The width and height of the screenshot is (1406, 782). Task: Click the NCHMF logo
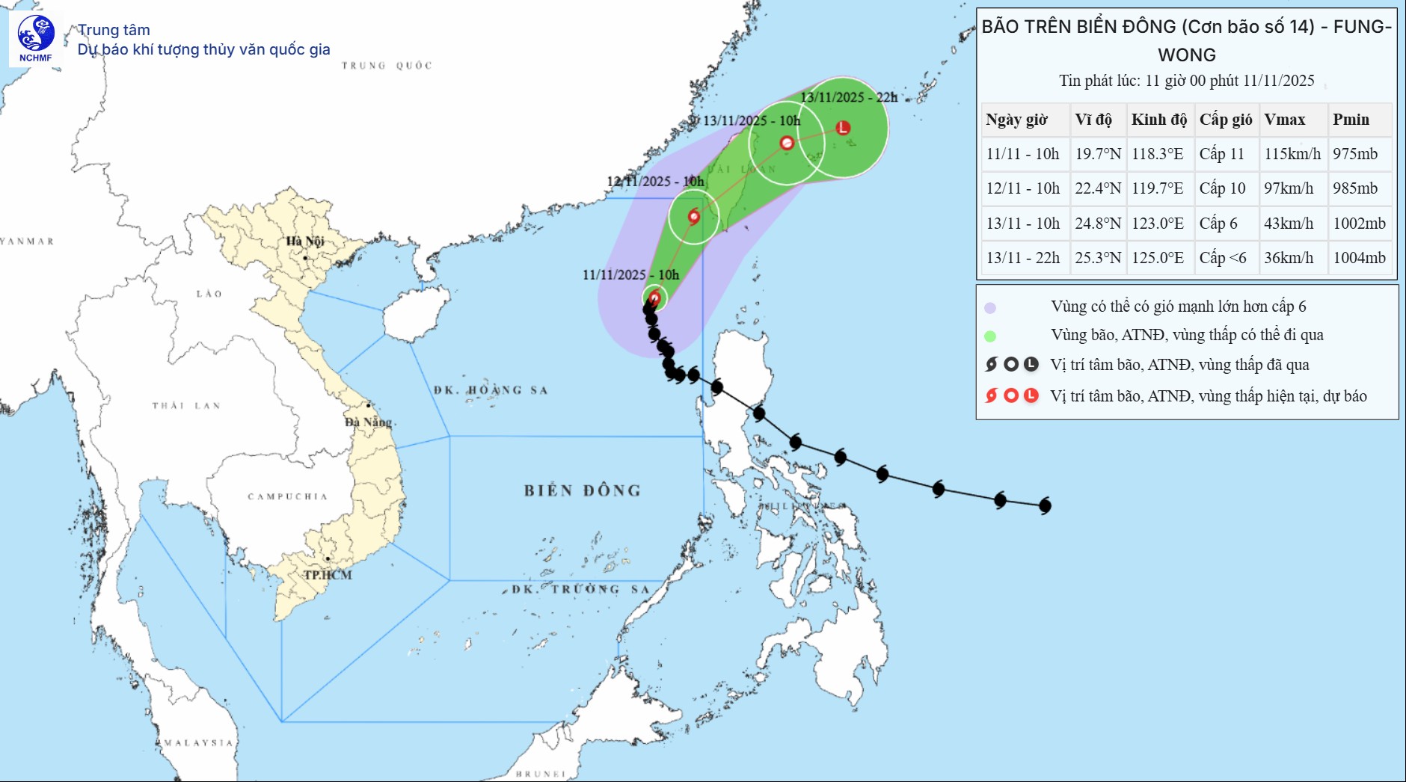[x=36, y=39]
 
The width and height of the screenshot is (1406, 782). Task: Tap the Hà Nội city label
[x=305, y=241]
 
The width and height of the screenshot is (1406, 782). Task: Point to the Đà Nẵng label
[x=368, y=422]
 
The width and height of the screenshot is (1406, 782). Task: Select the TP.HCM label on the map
[x=328, y=575]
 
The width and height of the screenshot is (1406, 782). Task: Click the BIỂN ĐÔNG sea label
[x=582, y=490]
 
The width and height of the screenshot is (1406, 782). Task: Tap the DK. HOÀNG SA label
[x=491, y=390]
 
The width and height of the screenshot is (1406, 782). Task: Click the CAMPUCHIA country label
[x=288, y=496]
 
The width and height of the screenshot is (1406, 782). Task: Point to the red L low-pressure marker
[x=843, y=128]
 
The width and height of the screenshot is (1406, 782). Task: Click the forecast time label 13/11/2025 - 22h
[x=849, y=98]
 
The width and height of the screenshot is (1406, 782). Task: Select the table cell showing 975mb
[x=1354, y=154]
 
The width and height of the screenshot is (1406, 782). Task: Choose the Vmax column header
[x=1284, y=120]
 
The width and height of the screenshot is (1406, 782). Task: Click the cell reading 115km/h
[x=1292, y=154]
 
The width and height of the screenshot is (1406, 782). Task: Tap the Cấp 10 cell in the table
[x=1222, y=188]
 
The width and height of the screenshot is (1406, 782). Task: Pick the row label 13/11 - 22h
[x=1022, y=258]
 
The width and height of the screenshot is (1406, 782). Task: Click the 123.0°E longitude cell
[x=1157, y=224]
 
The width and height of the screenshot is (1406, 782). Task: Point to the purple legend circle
[x=990, y=307]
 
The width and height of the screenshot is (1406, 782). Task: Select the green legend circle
[x=990, y=336]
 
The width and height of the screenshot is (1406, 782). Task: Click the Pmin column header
[x=1351, y=120]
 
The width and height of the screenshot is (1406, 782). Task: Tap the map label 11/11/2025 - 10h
[x=630, y=275]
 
